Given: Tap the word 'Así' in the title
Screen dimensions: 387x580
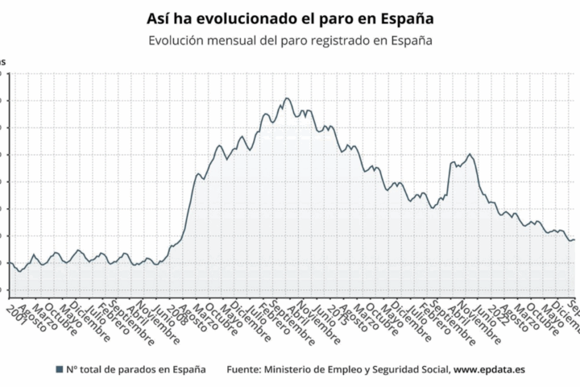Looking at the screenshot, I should tap(159, 18).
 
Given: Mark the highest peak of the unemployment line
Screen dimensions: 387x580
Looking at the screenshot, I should tap(287, 98).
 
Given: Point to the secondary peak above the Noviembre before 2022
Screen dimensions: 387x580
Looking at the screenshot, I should tap(470, 154).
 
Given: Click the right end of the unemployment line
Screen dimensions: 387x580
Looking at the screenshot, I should tap(574, 239).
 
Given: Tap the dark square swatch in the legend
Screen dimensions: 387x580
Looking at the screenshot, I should tap(59, 369).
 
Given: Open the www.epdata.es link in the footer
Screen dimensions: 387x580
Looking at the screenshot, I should tap(491, 369).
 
